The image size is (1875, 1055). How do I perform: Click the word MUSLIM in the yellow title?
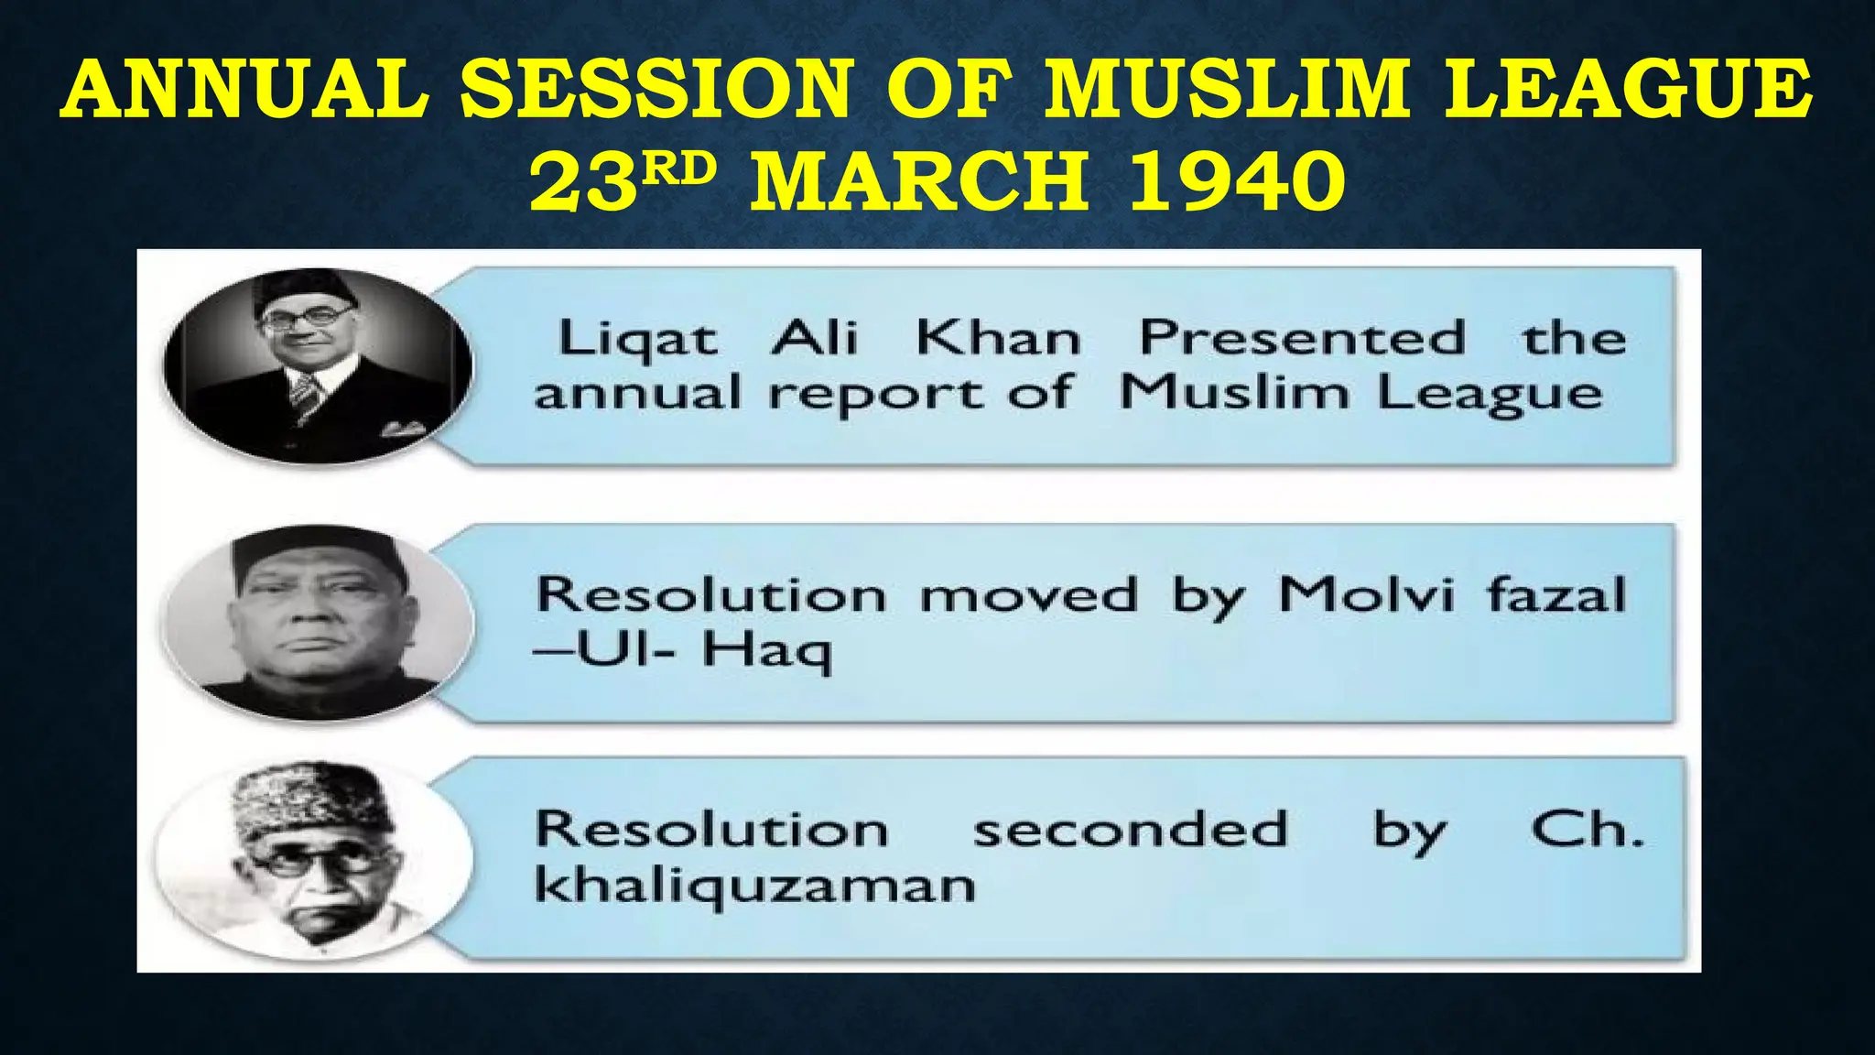click(x=1227, y=89)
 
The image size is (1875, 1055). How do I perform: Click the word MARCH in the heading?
click(x=919, y=180)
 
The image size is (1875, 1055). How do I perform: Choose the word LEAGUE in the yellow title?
click(x=1628, y=89)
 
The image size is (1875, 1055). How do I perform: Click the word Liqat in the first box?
click(x=638, y=340)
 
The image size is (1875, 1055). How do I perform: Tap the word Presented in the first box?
click(x=1301, y=338)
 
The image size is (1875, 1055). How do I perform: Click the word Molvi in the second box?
click(x=1366, y=595)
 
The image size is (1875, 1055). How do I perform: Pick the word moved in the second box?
click(x=1028, y=596)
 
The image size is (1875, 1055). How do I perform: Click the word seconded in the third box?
click(x=1130, y=830)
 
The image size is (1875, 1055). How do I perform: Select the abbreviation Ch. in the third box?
click(x=1587, y=830)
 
